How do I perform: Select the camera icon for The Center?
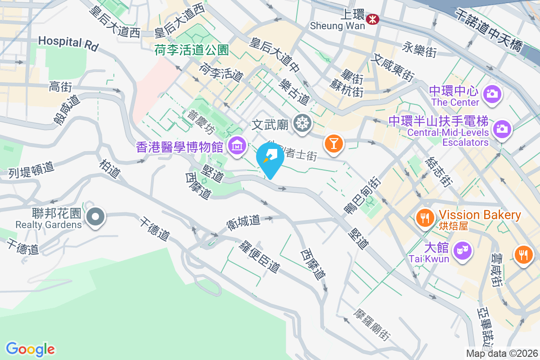[493, 94]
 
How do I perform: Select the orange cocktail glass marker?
[333, 144]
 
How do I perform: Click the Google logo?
[31, 349]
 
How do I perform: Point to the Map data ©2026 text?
[501, 354]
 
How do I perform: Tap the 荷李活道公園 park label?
[192, 50]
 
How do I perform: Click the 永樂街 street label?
[419, 49]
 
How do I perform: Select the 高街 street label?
[61, 86]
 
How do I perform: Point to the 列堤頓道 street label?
[31, 170]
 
